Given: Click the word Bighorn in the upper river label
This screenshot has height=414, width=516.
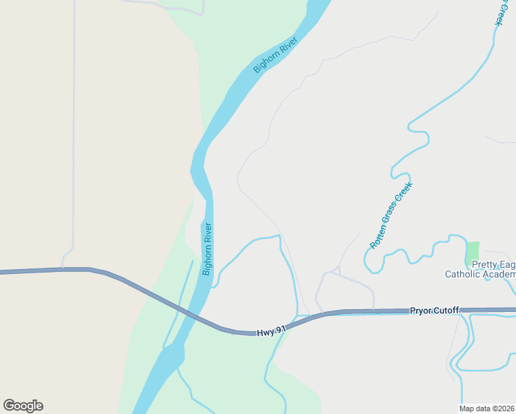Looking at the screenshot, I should tap(266, 61).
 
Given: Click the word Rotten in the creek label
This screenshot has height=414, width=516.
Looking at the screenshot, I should tap(378, 237).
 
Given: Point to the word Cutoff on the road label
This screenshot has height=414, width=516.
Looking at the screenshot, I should tap(446, 310).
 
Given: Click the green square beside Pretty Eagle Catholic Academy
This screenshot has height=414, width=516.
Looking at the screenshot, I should tap(473, 252).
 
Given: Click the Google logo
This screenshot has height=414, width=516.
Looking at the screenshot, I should tap(23, 406).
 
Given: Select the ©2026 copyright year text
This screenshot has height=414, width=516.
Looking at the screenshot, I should tap(505, 408).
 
